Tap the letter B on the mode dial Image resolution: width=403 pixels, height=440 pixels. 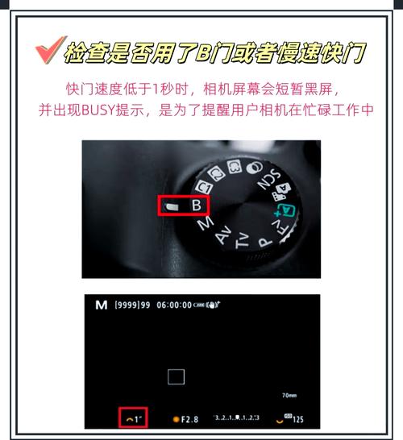[196, 205]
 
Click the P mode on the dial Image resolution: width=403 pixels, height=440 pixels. [264, 239]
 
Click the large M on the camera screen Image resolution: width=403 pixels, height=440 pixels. [101, 305]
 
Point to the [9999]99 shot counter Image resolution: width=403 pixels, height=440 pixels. [134, 305]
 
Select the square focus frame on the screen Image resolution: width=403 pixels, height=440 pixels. [177, 376]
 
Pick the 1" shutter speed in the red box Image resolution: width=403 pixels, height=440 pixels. [132, 419]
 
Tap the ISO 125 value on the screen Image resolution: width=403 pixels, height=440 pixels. [297, 420]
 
